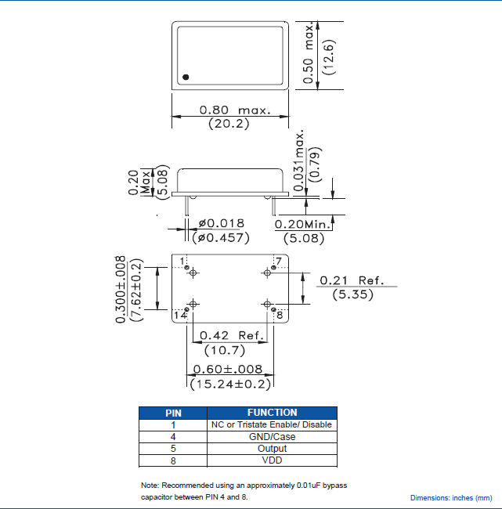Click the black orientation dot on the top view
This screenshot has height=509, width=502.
tap(186, 77)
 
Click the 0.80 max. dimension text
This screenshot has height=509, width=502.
tap(235, 110)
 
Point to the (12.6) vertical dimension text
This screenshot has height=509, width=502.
tap(329, 56)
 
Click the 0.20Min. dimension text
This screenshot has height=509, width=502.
tap(305, 224)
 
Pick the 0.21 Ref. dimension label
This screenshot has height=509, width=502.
tap(356, 280)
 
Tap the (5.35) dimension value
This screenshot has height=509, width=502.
tap(352, 294)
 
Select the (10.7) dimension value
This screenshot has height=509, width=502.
tap(226, 350)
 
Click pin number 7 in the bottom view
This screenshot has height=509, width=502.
tap(277, 261)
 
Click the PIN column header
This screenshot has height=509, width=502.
tap(173, 413)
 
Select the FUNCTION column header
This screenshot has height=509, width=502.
tap(272, 413)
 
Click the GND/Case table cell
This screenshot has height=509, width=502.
tap(272, 437)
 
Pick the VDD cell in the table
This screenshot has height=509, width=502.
tap(272, 461)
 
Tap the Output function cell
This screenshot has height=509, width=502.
tap(272, 449)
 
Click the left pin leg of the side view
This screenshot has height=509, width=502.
tap(187, 205)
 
